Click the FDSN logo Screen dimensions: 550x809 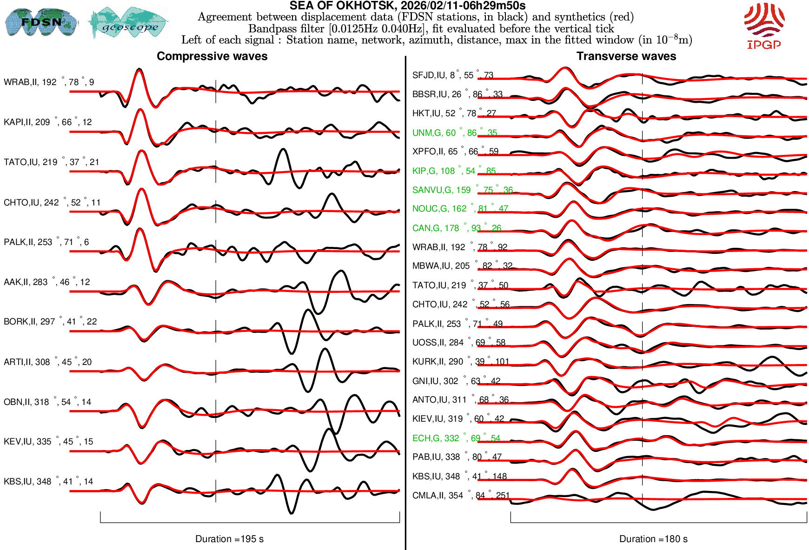41,22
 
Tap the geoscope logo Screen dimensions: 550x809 129,23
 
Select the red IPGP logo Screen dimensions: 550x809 764,26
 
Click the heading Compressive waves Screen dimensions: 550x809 212,56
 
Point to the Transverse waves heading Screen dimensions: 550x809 626,56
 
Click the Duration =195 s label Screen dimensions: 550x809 229,539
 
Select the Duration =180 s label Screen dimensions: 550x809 653,539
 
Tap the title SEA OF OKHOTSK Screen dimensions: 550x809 407,6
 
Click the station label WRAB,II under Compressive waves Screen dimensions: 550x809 49,82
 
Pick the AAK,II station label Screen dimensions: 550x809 46,282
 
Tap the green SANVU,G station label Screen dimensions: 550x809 462,190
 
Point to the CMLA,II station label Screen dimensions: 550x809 461,496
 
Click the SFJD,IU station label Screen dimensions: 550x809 452,75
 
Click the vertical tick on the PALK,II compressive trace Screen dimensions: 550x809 216,252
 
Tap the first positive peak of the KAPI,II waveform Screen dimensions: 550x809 140,111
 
